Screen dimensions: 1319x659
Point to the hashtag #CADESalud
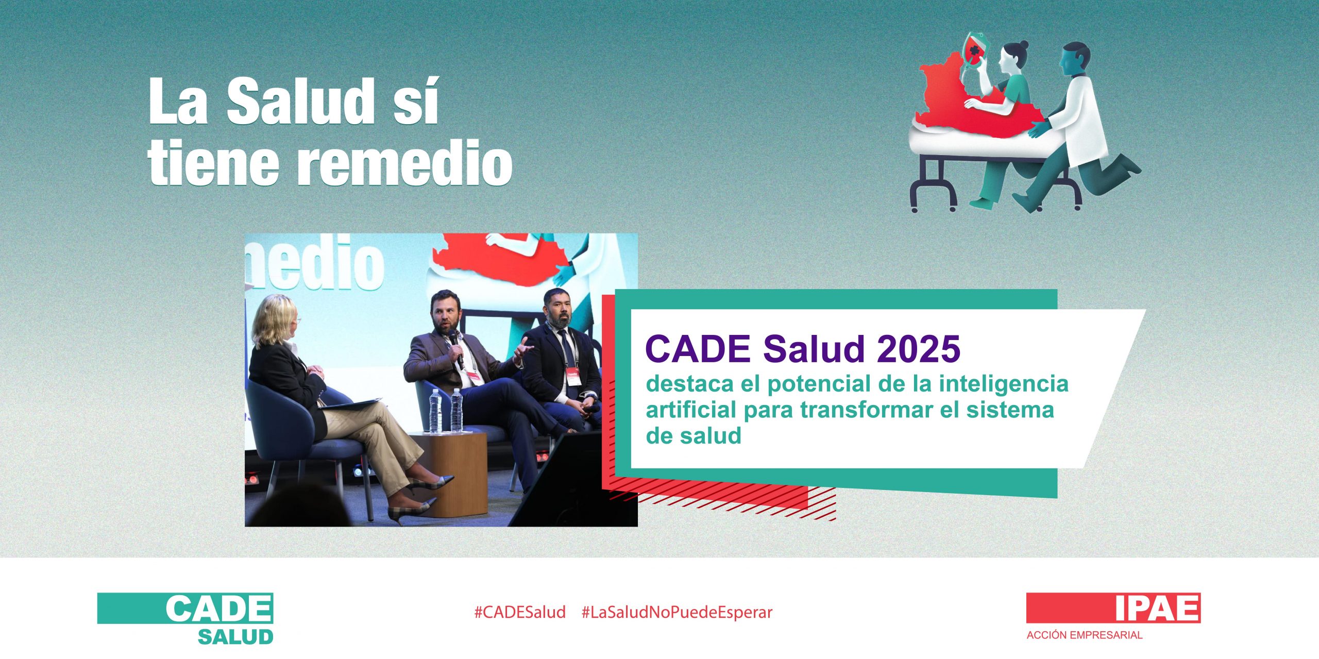[x=519, y=612]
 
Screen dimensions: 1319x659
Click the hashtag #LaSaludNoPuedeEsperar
[x=677, y=612]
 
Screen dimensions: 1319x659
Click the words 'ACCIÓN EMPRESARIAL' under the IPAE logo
[x=1084, y=635]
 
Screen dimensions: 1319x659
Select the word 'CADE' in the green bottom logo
[x=218, y=609]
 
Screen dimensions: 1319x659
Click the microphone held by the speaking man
[x=455, y=348]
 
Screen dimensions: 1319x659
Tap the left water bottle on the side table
[x=435, y=411]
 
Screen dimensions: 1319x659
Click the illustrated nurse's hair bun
[x=1022, y=46]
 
